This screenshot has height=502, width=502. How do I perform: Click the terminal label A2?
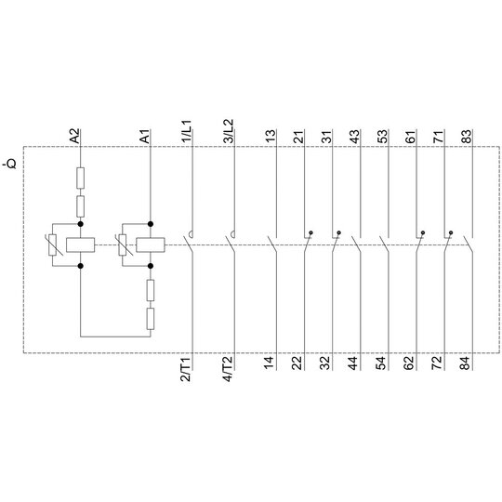point(74,136)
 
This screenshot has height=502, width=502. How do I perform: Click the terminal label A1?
point(145,137)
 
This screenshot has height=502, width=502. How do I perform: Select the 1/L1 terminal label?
point(186,131)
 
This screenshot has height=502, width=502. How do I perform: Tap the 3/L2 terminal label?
point(229,131)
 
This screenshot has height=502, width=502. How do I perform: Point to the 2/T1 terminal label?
point(186,368)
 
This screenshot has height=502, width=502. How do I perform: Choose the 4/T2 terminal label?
point(229,368)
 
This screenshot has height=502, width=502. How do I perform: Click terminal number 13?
point(271,137)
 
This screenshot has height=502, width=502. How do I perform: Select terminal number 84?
point(466,363)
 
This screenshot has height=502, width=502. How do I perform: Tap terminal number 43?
point(355,137)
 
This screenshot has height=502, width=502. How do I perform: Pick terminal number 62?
point(410,363)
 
